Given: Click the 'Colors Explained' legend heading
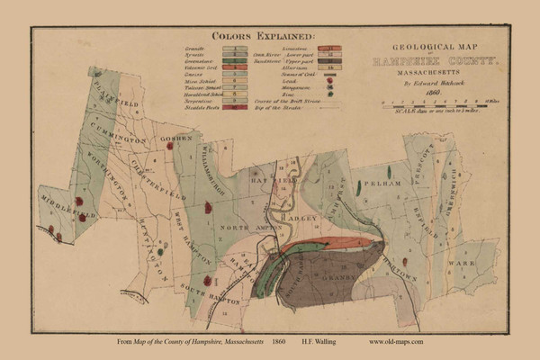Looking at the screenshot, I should (263, 36).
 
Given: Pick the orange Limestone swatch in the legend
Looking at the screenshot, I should (319, 46).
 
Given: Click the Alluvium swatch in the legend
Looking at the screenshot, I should (319, 68).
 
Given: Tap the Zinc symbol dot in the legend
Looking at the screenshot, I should (319, 92).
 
